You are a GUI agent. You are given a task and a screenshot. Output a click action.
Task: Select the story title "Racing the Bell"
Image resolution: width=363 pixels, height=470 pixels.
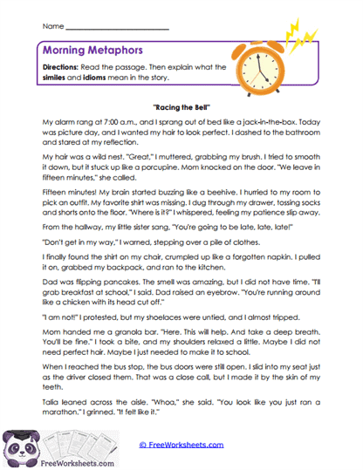(x=181, y=103)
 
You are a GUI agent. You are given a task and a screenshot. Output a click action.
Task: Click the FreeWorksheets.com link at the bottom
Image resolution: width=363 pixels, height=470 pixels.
(x=181, y=444)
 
